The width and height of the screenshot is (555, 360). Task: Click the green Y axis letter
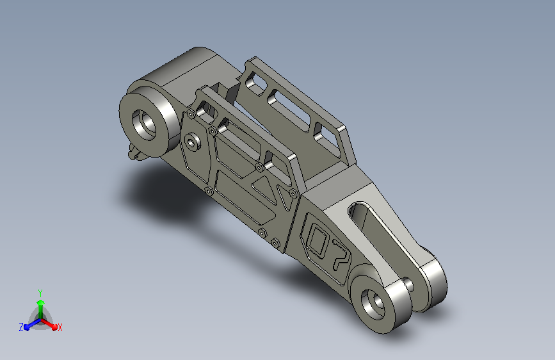click(x=40, y=293)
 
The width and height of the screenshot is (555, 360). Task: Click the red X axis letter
click(x=60, y=328)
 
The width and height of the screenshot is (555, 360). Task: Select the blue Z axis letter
click(x=21, y=327)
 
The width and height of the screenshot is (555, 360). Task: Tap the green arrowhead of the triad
click(x=41, y=302)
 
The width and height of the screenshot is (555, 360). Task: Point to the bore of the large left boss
click(x=144, y=125)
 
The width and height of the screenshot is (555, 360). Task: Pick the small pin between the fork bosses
click(x=408, y=284)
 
